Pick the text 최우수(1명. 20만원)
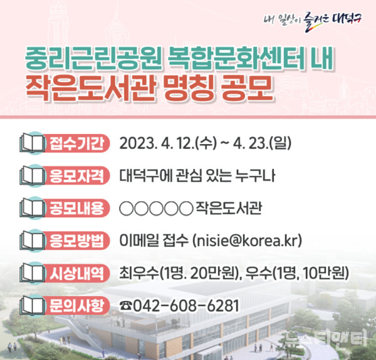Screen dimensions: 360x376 182,274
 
